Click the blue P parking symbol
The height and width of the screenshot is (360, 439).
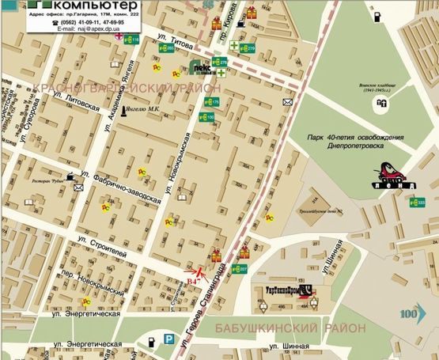[x=168, y=340]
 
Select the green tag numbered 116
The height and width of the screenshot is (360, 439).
[x=131, y=39]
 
